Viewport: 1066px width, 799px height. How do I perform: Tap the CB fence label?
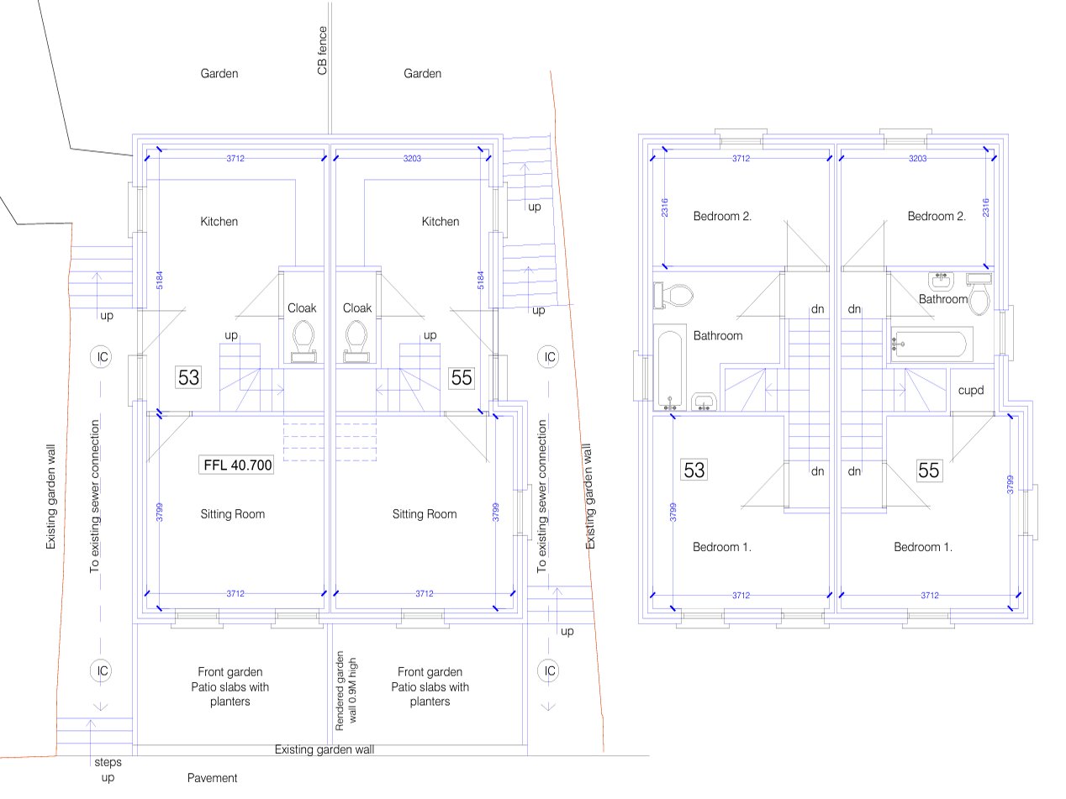[x=322, y=51]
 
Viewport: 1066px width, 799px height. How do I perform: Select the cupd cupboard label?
[x=970, y=392]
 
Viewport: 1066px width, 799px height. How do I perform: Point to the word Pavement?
[x=212, y=779]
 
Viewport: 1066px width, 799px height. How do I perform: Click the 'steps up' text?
[x=107, y=770]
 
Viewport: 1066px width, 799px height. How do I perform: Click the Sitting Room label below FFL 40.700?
[x=233, y=514]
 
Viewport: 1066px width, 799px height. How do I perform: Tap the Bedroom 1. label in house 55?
[x=922, y=548]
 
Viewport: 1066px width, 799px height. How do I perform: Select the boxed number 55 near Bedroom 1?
[x=928, y=470]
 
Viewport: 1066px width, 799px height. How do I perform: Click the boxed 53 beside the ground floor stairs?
[x=188, y=378]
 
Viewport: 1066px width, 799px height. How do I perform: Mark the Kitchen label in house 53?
[x=219, y=222]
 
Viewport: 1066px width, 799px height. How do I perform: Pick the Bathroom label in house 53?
[x=717, y=336]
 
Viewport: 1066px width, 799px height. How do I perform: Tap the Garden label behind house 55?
[x=422, y=74]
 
